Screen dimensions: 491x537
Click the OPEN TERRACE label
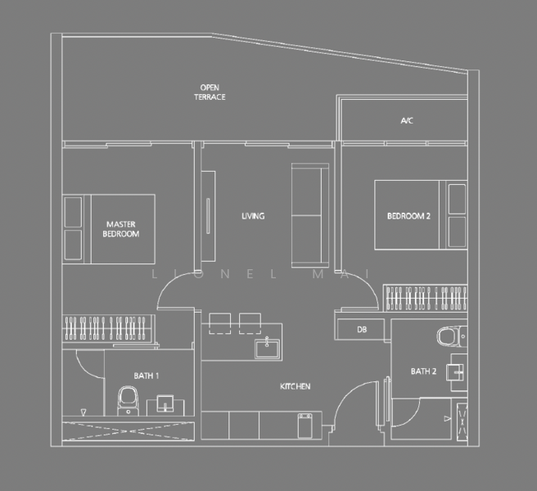210,92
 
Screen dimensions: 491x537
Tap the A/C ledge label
407,121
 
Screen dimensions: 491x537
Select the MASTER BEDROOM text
120,228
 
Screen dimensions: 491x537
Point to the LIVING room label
252,216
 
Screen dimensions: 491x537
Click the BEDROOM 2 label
408,216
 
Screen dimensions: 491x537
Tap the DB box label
362,330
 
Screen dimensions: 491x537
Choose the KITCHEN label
296,386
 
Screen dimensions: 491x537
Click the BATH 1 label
146,376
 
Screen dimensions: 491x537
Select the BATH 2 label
423,372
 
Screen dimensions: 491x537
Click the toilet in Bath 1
129,402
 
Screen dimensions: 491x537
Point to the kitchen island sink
266,349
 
